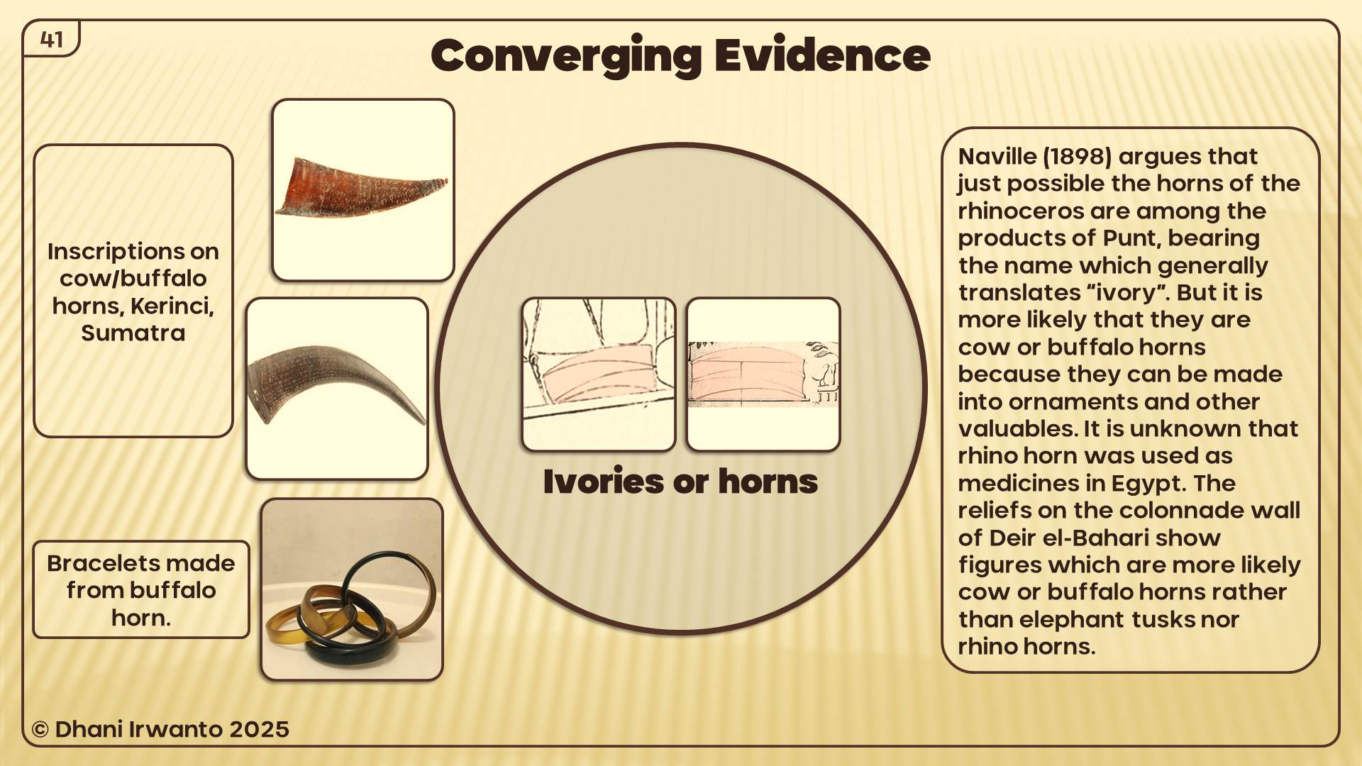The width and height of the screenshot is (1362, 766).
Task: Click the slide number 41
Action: point(52,40)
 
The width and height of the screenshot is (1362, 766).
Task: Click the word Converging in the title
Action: point(566,57)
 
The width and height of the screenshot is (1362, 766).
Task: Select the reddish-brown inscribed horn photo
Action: point(363,190)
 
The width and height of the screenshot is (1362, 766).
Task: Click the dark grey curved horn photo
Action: point(337,389)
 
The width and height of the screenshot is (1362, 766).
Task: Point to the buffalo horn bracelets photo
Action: point(352,589)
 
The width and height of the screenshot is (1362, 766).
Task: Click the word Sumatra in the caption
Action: point(133,333)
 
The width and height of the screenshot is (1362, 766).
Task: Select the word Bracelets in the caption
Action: point(95,563)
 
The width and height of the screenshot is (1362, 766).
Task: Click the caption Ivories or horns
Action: point(680,482)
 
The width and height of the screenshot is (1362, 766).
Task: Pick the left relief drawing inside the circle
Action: point(599,374)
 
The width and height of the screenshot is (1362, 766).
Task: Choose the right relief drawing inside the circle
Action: point(763,374)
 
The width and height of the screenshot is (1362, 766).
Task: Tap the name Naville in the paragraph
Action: point(997,156)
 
